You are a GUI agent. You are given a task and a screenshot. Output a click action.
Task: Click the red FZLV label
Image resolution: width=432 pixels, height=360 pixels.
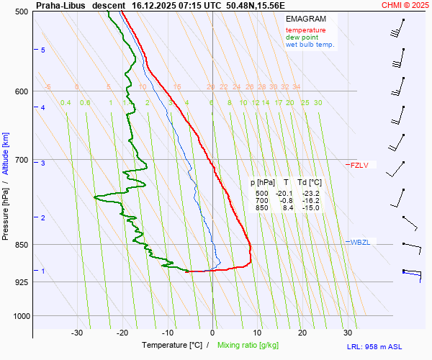359,166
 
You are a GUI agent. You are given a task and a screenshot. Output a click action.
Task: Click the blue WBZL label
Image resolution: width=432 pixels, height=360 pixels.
360,242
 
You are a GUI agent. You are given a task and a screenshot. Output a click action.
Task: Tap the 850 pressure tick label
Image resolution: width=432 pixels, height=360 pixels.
21,245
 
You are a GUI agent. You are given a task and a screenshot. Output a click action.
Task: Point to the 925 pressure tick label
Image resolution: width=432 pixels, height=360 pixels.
21,282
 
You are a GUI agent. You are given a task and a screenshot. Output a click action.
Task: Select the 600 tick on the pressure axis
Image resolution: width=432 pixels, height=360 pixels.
21,91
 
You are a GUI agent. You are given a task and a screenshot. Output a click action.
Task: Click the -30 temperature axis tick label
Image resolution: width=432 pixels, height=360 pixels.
77,333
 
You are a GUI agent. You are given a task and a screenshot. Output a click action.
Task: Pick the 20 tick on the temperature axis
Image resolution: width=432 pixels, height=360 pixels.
302,333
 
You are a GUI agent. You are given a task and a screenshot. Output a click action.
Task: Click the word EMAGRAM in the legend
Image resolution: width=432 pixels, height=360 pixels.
306,19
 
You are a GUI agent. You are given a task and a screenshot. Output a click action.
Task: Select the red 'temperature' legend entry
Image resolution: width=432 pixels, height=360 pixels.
305,30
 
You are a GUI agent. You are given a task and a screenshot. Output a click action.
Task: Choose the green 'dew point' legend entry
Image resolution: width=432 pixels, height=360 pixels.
302,37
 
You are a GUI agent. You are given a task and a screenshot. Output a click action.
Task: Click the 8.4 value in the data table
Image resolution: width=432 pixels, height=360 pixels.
286,208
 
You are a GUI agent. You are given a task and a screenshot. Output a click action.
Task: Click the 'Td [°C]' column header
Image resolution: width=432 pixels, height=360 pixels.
310,183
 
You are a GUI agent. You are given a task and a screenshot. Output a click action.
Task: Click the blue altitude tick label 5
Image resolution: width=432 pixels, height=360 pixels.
42,50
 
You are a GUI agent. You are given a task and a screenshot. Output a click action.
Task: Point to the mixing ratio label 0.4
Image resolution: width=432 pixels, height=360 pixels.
66,103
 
